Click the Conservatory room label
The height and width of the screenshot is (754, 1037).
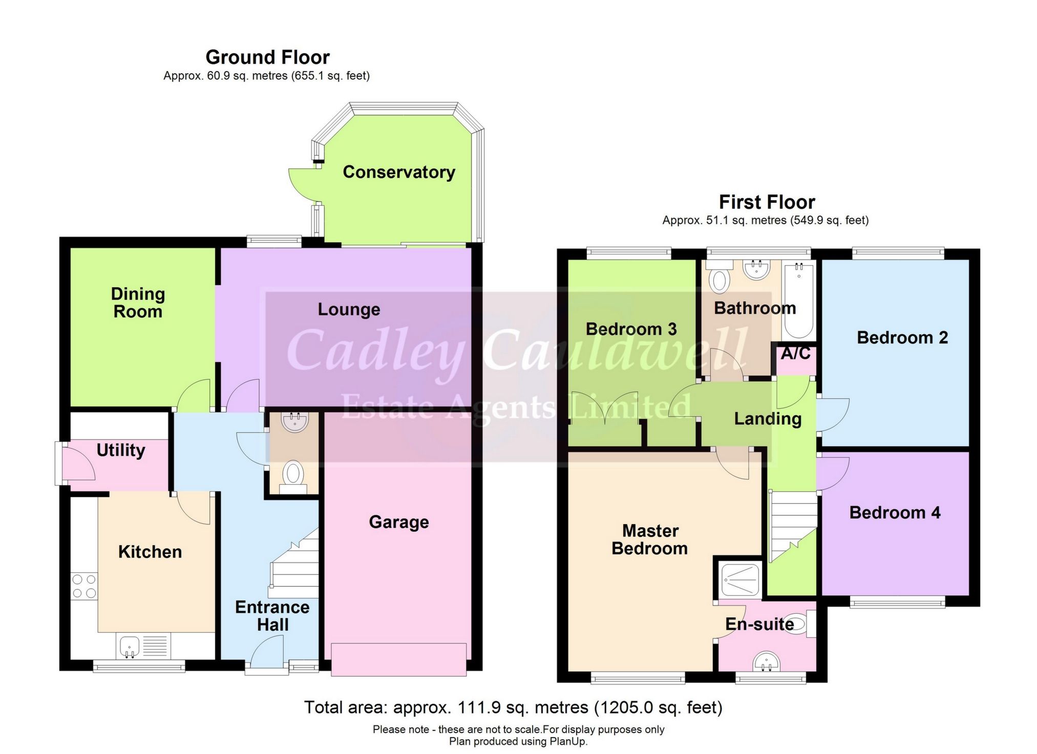[x=398, y=172]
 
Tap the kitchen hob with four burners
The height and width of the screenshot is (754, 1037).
[x=84, y=586]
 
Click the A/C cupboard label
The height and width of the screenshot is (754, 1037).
[x=795, y=353]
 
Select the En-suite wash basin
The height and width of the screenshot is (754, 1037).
[x=767, y=661]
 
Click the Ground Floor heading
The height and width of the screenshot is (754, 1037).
[x=267, y=57]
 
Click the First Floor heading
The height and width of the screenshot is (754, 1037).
[x=767, y=202]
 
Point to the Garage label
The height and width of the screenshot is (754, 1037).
[x=398, y=522]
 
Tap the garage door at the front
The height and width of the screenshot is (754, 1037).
[x=398, y=660]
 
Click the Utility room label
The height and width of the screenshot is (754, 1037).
[x=121, y=450]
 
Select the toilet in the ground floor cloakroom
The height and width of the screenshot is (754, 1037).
[x=293, y=475]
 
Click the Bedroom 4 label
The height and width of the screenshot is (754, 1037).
[x=895, y=512]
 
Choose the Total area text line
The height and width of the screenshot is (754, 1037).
[x=513, y=707]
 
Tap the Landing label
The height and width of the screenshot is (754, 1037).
[x=767, y=419]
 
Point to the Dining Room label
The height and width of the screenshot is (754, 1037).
[x=138, y=303]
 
